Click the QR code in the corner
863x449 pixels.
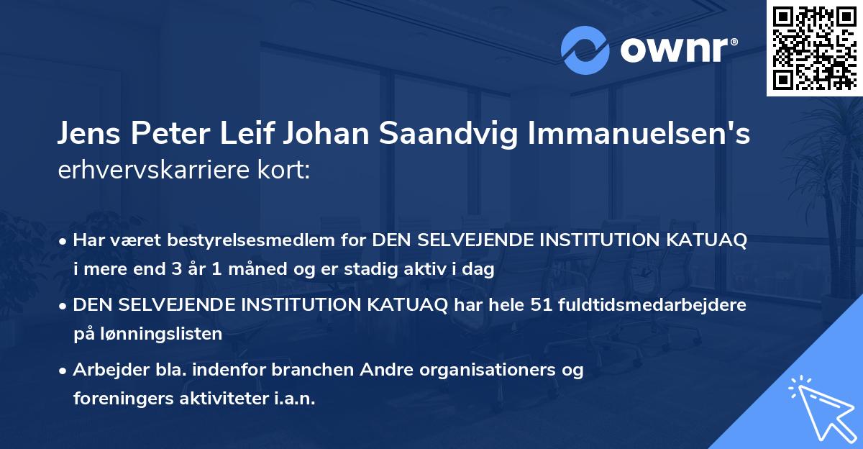(815, 47)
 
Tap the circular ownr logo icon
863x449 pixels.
(585, 50)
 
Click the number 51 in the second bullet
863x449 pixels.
(556, 305)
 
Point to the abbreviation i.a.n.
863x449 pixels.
(295, 399)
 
